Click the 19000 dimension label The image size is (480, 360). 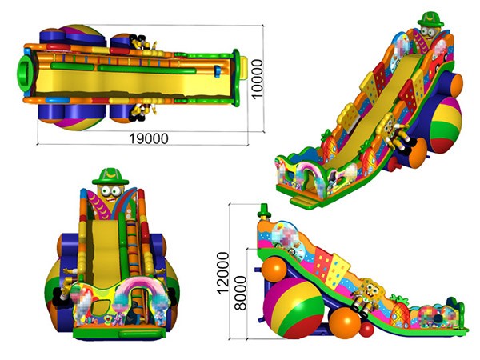click(149, 138)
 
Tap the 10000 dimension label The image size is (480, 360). click(257, 78)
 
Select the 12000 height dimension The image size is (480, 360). click(223, 273)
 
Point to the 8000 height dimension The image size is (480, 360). click(241, 294)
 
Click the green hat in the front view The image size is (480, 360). click(110, 176)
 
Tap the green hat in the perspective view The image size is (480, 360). click(430, 19)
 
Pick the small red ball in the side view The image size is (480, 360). click(366, 330)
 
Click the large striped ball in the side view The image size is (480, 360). click(294, 308)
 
